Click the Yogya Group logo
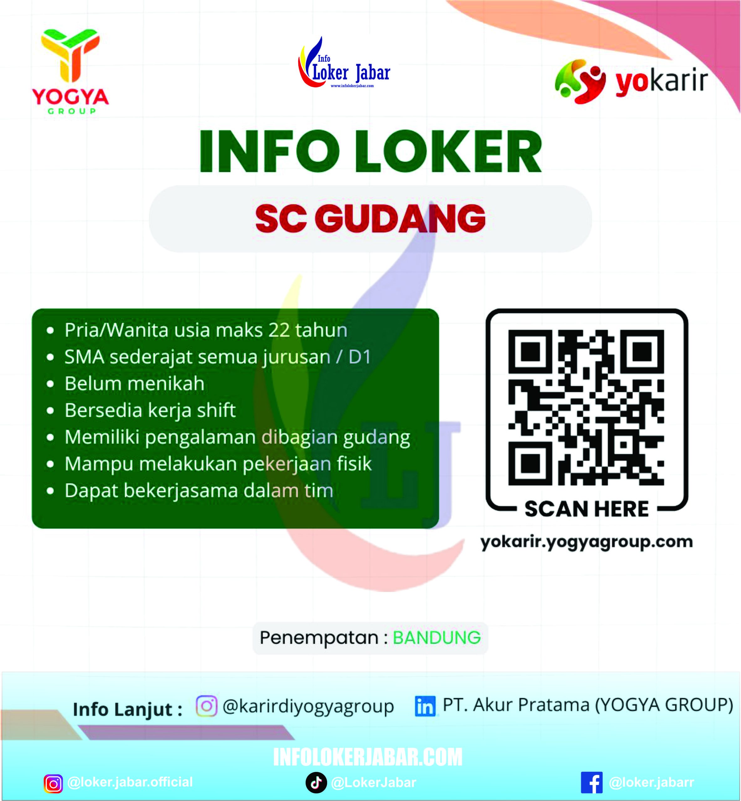tap(70, 71)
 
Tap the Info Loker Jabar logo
tap(344, 64)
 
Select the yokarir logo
tap(631, 81)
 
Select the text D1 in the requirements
tap(360, 357)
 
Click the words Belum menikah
tap(134, 384)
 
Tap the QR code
tap(586, 407)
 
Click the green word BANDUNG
tap(436, 637)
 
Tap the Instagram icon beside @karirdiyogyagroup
tap(207, 706)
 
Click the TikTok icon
tap(316, 783)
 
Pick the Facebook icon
tap(591, 783)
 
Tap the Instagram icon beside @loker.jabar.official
tap(53, 784)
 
